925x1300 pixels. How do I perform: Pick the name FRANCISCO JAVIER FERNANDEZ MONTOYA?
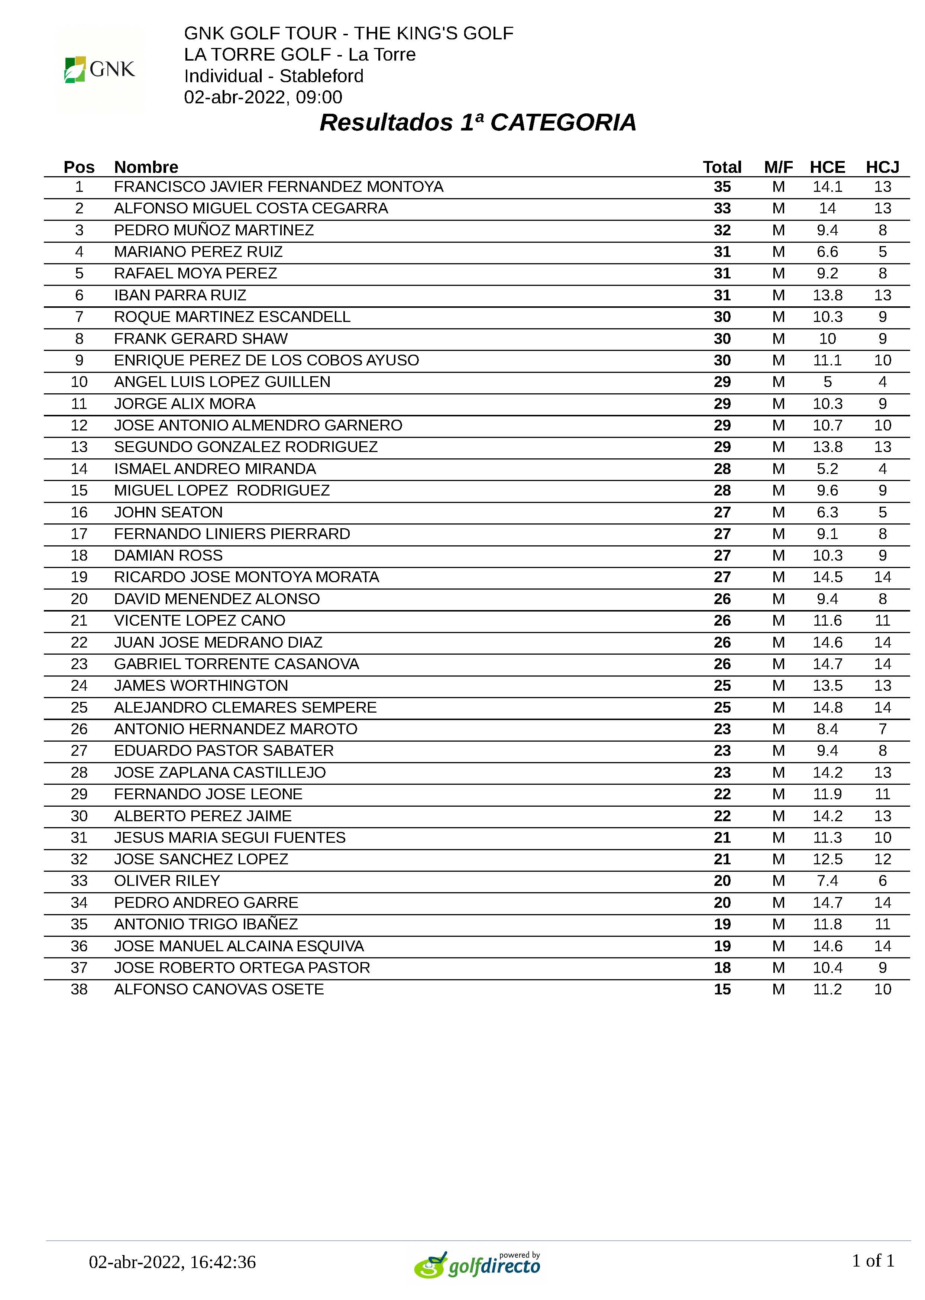278,187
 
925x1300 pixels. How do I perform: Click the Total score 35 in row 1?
722,187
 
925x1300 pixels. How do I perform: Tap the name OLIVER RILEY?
167,881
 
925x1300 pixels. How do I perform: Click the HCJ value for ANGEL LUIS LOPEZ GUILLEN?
882,382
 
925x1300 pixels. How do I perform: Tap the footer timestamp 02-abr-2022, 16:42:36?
172,1262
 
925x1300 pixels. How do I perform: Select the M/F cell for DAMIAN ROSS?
778,555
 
